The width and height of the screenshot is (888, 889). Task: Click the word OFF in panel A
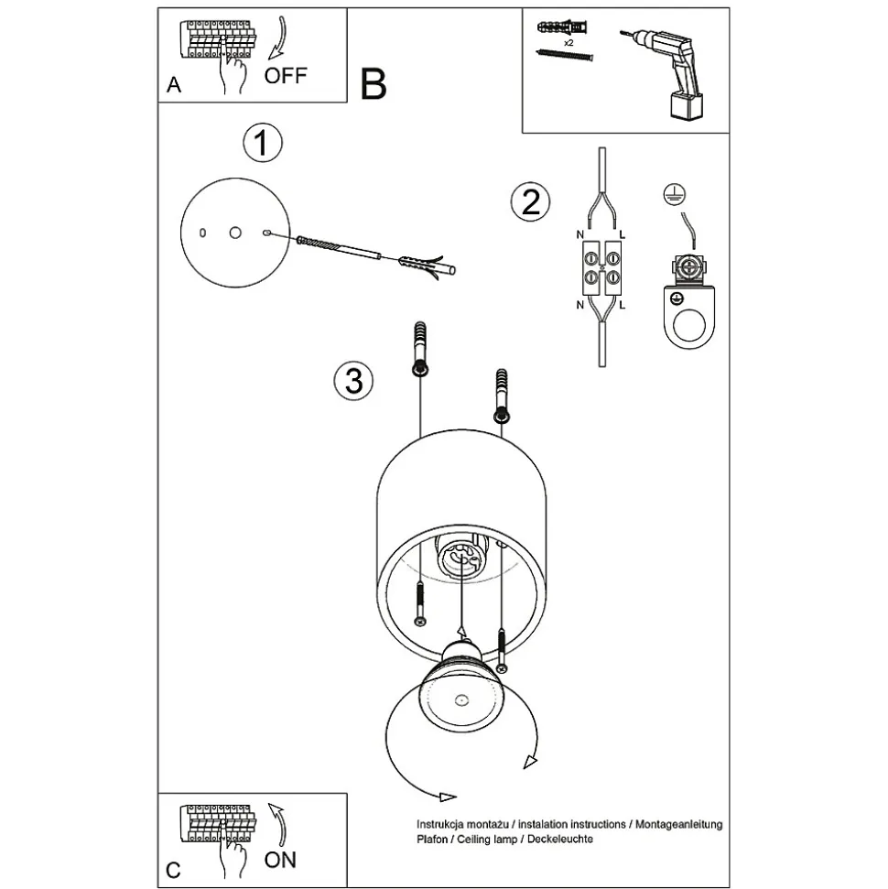286,75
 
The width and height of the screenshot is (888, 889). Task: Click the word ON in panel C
280,860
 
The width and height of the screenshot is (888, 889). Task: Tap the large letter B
374,84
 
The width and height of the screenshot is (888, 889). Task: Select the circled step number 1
262,144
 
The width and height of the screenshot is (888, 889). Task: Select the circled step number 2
531,201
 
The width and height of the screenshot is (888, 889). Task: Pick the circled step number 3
354,380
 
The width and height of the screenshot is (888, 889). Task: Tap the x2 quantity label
569,43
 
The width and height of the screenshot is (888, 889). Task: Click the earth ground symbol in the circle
675,192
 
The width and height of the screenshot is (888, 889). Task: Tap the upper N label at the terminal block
580,236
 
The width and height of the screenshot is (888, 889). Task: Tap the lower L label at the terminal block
623,304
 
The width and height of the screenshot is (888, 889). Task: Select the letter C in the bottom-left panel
173,869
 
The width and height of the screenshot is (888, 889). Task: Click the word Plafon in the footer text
433,840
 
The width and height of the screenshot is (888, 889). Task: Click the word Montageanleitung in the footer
677,825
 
